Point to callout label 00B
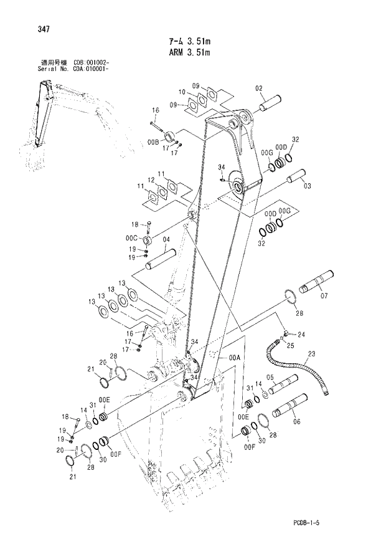click(153, 143)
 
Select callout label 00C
click(131, 238)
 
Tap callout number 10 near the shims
click(182, 92)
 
